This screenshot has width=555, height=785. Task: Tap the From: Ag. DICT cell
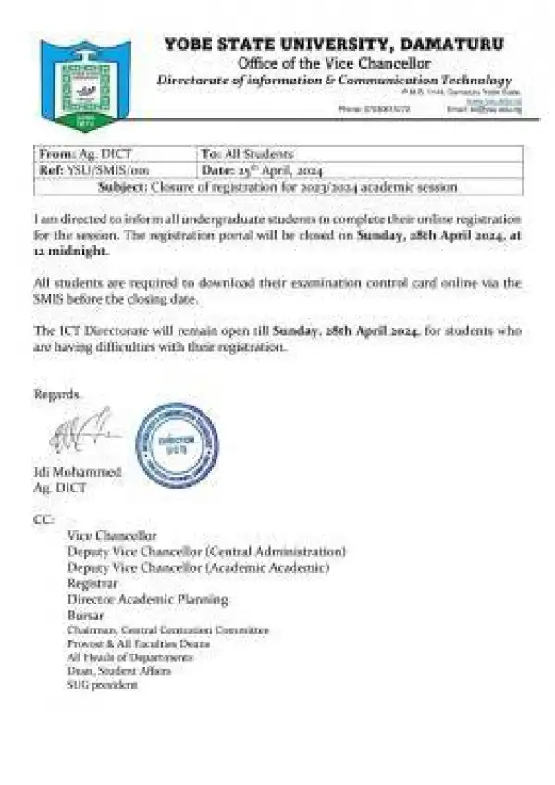75,154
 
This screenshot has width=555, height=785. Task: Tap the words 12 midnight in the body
71,251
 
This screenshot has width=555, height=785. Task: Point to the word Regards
57,394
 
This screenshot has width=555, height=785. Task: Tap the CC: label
43,520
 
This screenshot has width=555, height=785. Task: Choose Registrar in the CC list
92,583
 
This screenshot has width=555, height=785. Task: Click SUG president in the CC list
102,684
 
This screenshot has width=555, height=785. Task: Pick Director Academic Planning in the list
147,599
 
